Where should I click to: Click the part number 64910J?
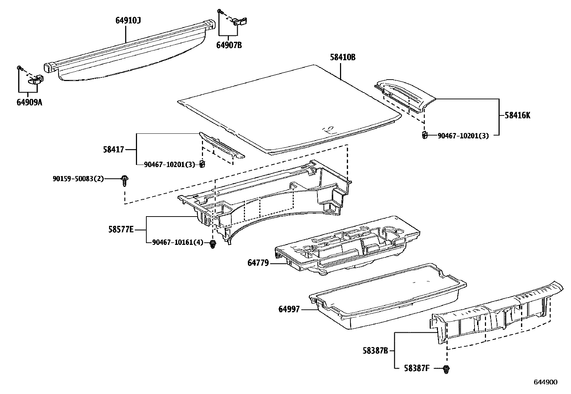[128, 21]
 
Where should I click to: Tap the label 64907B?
[229, 45]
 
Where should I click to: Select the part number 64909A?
[29, 102]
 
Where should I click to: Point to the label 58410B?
[343, 57]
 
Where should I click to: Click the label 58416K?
[517, 115]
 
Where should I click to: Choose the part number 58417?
[113, 149]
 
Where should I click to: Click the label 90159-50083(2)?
[78, 178]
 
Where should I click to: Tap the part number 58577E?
[121, 229]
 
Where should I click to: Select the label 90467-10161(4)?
[178, 243]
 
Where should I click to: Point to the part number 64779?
[258, 263]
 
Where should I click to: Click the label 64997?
[289, 309]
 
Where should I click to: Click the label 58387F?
[416, 368]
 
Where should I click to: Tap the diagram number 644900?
[546, 382]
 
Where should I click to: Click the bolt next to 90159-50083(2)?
[124, 180]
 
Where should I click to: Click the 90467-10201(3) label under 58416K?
[463, 136]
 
